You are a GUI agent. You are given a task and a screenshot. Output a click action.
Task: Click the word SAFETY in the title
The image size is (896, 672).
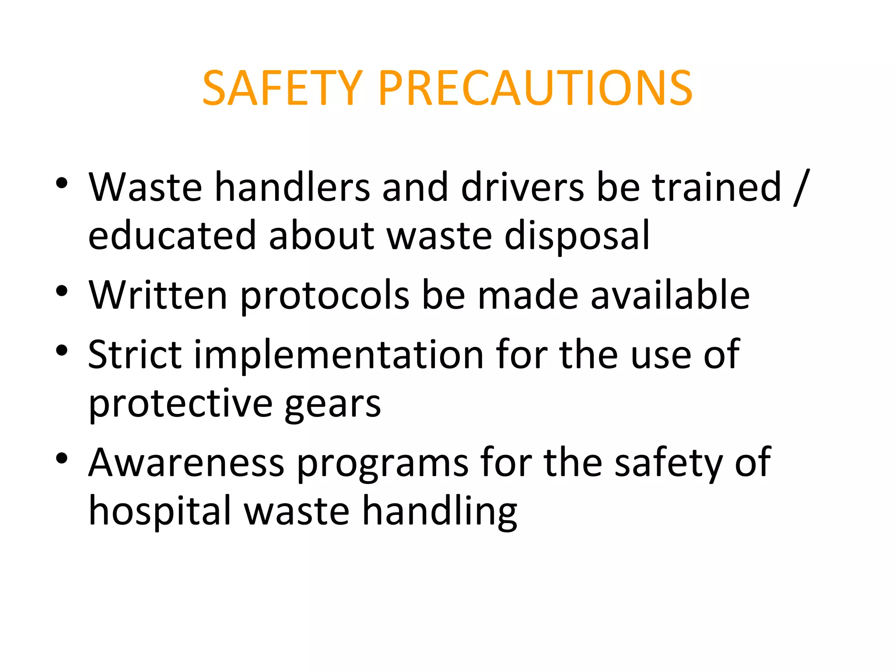point(282,88)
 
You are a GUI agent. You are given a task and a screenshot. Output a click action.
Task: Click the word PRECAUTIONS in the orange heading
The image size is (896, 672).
point(535,88)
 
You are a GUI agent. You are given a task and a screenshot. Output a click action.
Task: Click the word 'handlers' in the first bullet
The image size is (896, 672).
point(292,187)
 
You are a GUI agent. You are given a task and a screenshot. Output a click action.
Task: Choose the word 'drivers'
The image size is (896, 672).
point(522,187)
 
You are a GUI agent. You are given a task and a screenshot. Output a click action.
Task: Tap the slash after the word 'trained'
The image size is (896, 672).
point(801,187)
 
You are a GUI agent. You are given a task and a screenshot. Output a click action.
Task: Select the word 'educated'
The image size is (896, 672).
point(172,235)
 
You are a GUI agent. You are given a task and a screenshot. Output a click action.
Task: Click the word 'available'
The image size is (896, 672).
point(670,295)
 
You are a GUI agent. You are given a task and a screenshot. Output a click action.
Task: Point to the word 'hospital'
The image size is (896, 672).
point(160,511)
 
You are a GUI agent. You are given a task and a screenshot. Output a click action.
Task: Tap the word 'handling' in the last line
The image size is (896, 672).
point(440,511)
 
